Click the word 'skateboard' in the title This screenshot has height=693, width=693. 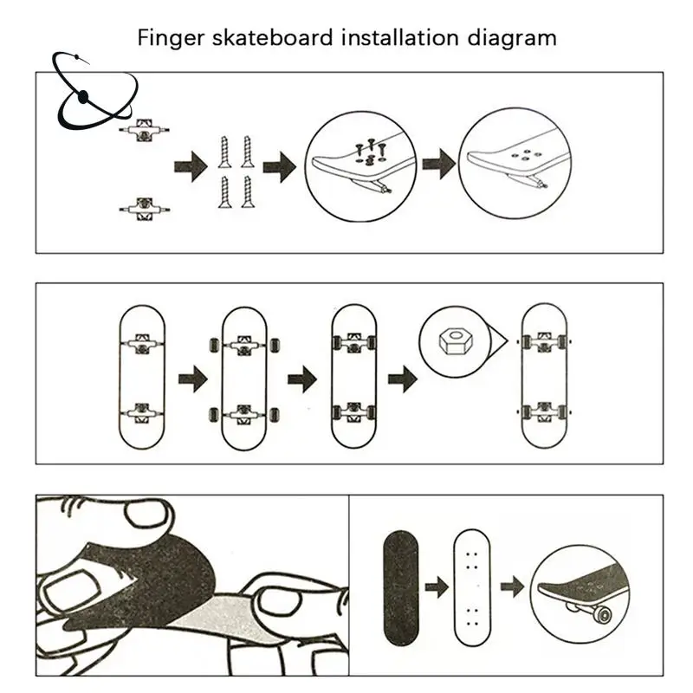(273, 37)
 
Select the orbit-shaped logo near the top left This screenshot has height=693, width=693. (94, 91)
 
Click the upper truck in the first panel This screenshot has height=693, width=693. (144, 129)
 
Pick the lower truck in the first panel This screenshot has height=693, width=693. (144, 209)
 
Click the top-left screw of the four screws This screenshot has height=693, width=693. (225, 152)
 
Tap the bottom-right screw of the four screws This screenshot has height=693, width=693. (248, 191)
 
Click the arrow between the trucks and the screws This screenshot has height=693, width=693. (191, 166)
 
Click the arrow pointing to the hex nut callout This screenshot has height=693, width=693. (402, 379)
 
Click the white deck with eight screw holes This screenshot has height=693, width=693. (472, 588)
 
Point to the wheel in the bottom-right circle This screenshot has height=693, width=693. (603, 614)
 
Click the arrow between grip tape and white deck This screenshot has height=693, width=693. (437, 587)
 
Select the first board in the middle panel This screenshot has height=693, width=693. (142, 377)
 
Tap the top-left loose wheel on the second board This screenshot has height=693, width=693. (213, 345)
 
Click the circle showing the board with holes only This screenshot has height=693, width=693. (515, 163)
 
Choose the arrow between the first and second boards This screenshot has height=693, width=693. (193, 379)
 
